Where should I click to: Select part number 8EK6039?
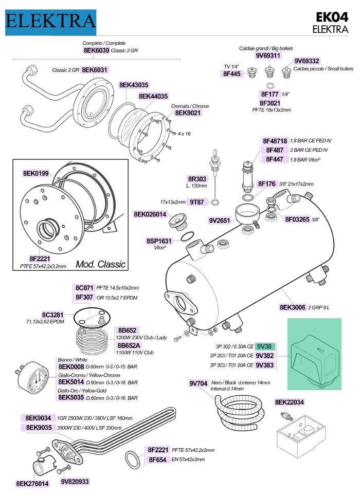(x=96, y=51)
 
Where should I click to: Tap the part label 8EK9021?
(x=188, y=113)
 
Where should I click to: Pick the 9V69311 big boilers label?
(x=268, y=56)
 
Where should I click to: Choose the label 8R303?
(x=197, y=178)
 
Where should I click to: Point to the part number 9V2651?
(x=220, y=221)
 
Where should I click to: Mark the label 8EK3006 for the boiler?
(x=292, y=307)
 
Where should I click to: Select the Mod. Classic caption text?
(x=100, y=264)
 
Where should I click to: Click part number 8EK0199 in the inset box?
(x=36, y=174)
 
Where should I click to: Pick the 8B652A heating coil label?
(x=129, y=345)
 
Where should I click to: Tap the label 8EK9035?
(x=39, y=427)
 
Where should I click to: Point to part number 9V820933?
(x=75, y=482)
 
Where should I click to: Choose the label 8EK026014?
(x=150, y=214)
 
